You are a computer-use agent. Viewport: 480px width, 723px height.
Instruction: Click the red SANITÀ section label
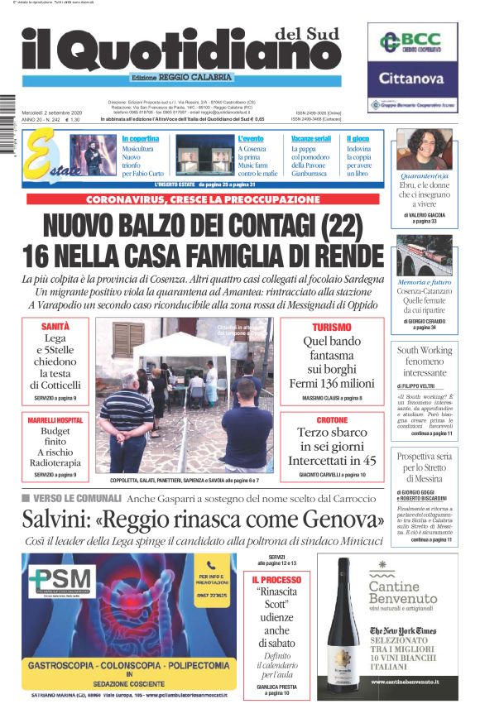pos(56,328)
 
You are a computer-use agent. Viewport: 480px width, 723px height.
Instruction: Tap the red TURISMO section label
pos(325,328)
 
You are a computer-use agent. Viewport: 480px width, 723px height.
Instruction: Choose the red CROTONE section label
pos(325,420)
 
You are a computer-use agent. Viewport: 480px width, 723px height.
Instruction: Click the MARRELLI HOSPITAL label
pos(56,420)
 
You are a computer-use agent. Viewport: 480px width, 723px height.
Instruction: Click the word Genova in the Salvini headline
pos(339,520)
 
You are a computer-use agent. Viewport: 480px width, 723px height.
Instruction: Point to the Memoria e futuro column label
pos(425,281)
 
